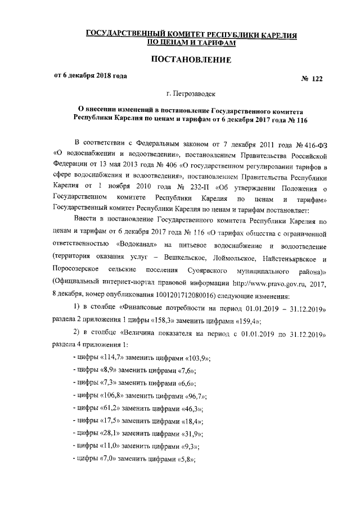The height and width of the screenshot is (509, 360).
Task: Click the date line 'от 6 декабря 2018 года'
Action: click(89, 75)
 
